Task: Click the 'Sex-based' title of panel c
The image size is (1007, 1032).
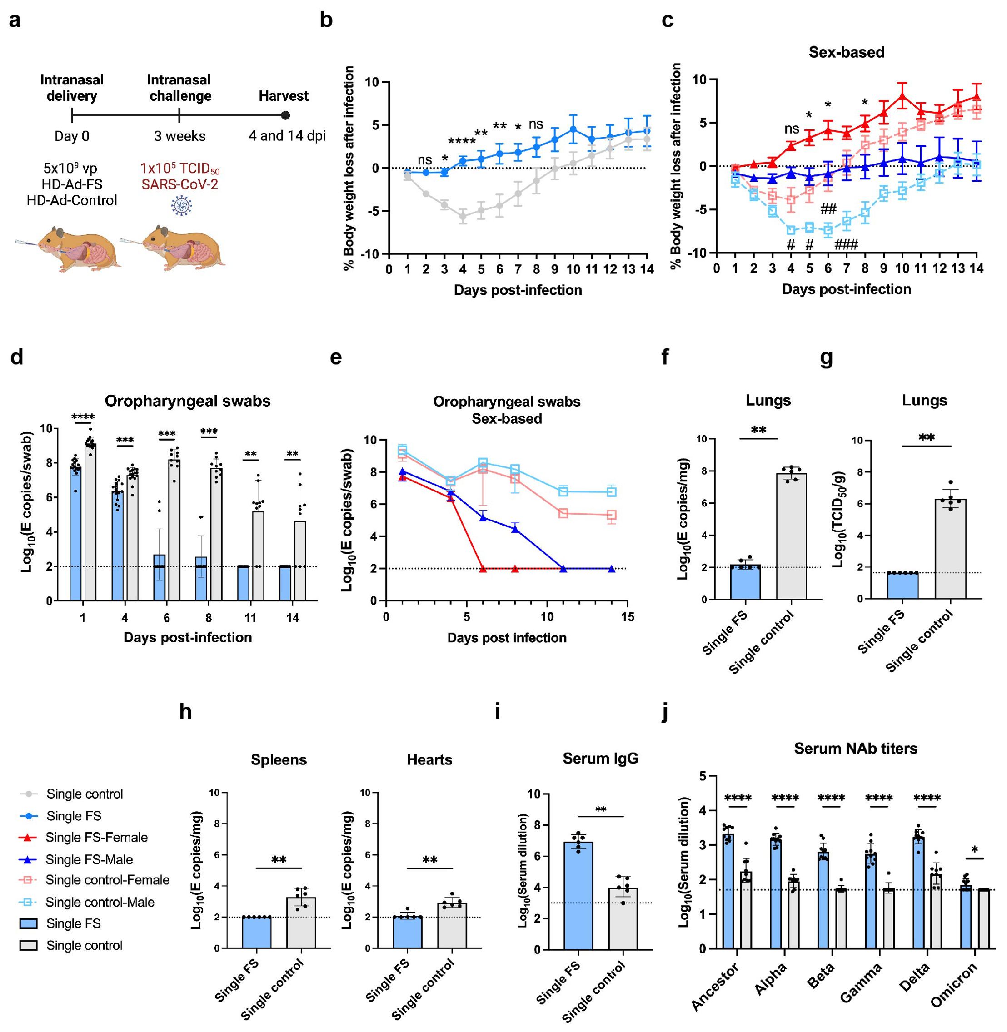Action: click(846, 52)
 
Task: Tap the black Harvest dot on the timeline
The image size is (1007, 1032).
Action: click(285, 115)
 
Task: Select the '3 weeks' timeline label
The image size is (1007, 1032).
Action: click(180, 136)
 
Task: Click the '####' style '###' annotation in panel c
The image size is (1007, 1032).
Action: click(846, 244)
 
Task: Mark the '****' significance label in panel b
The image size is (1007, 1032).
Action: click(462, 141)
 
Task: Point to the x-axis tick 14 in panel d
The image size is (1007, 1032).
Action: click(293, 617)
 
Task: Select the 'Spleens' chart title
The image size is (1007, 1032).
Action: click(279, 760)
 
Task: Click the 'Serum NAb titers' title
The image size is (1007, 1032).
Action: click(856, 749)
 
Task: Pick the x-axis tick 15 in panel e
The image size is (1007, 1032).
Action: click(628, 617)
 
